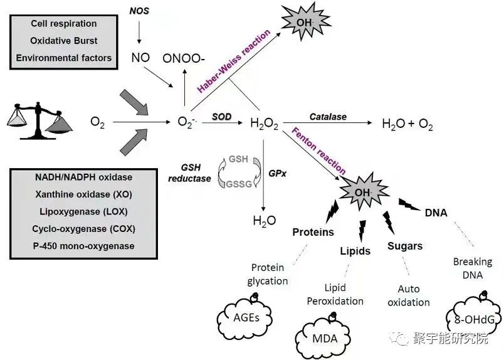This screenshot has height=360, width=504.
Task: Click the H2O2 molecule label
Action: coord(264,124)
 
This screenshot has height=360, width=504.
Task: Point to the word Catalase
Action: coord(328,117)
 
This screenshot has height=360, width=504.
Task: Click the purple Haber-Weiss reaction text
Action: coord(234,61)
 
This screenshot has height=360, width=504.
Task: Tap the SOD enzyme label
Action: coord(221,117)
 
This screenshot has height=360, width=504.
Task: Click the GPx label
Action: coord(278,173)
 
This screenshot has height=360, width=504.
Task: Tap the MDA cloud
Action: coord(325,338)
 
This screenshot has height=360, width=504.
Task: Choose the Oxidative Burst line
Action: coord(64,41)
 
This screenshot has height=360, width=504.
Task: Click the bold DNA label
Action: coord(436,213)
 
